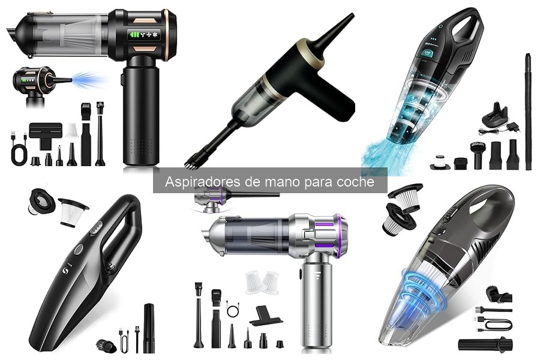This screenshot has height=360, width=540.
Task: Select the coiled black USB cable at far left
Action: (20, 148)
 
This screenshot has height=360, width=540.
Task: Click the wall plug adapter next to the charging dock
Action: (511, 128)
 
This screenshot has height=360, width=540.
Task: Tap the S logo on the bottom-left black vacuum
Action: (66, 271)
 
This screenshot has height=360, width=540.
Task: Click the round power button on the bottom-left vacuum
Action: (79, 249)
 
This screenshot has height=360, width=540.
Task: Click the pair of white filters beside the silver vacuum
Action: (262, 283)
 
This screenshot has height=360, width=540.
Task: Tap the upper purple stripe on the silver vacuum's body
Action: (324, 224)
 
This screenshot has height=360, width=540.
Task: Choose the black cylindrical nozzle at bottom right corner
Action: (485, 345)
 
